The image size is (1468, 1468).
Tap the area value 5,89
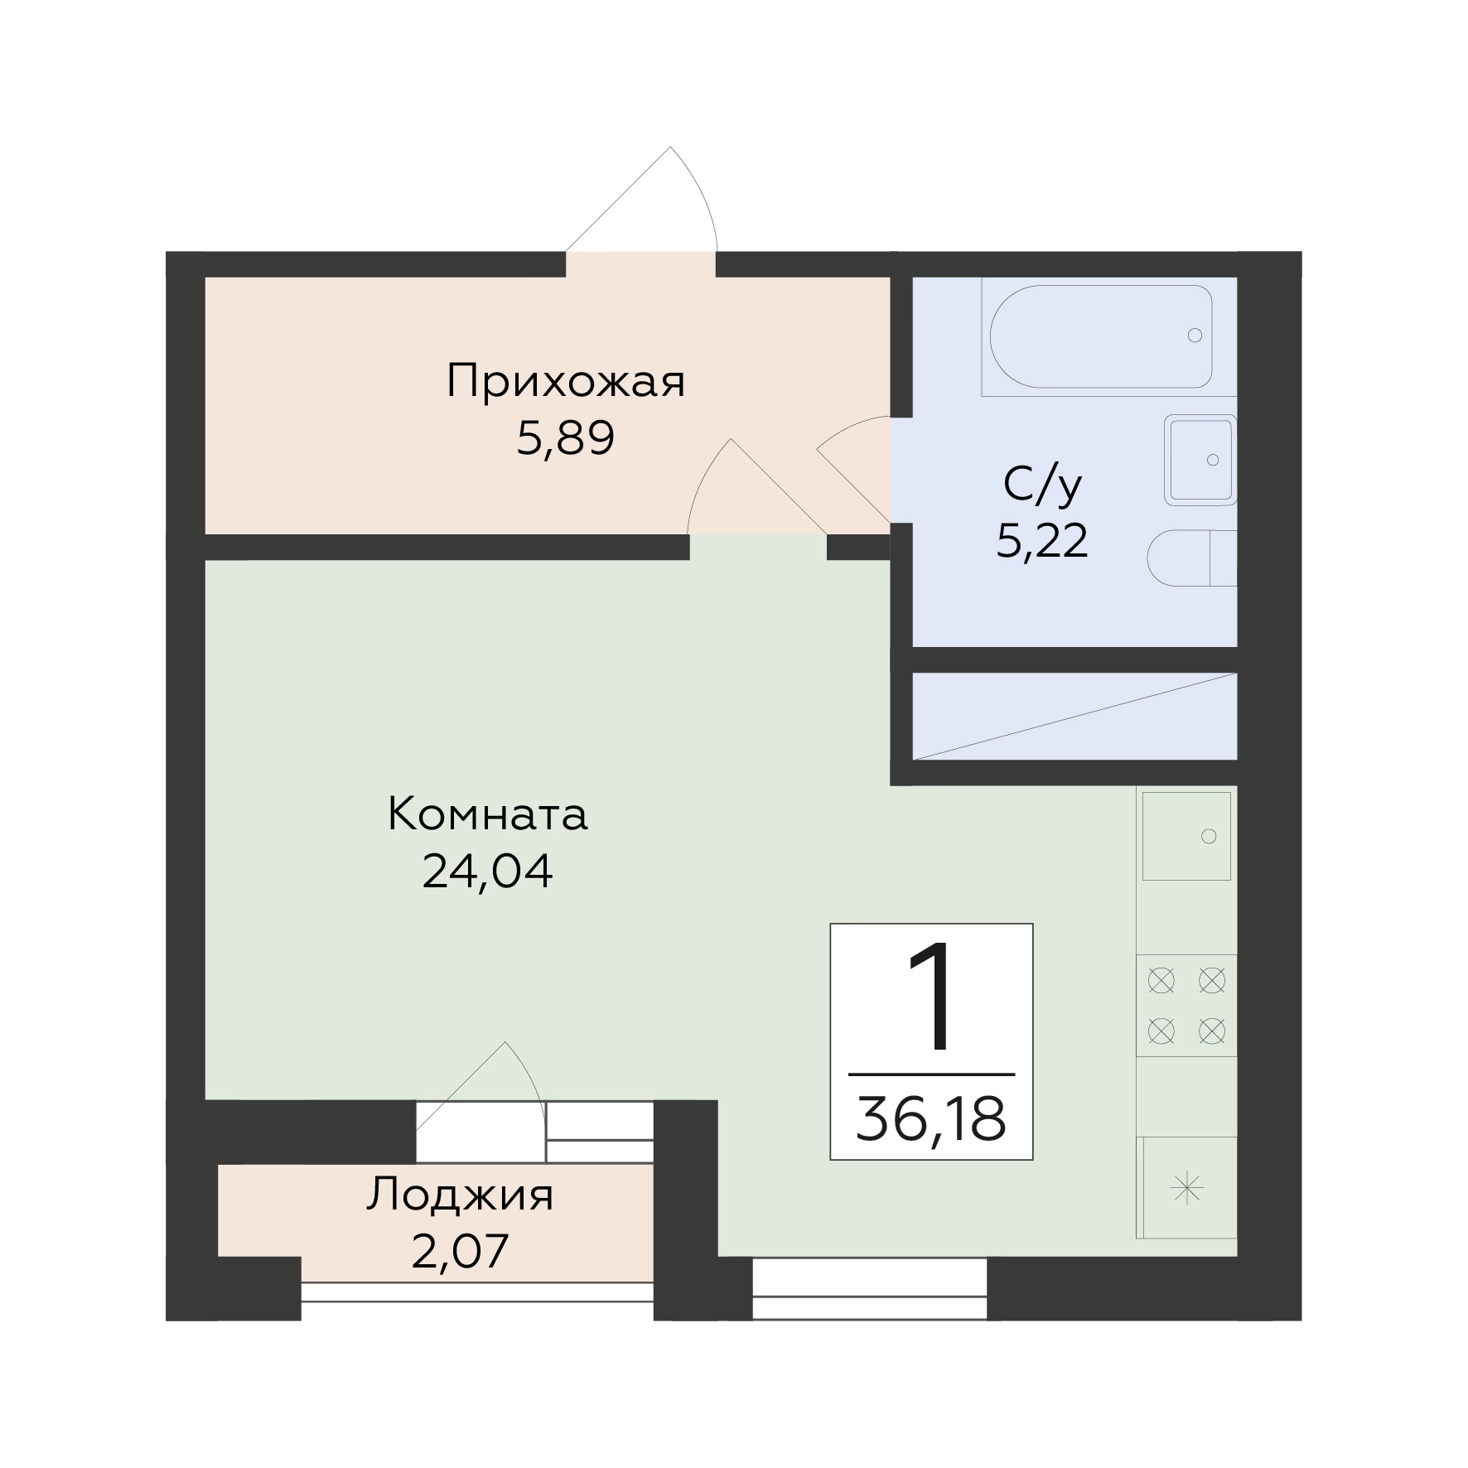coord(566,438)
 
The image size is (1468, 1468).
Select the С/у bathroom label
coord(1042,485)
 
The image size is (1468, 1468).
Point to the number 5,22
coord(1042,541)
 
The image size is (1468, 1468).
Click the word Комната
coord(488,814)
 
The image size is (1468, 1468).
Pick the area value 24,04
coord(488,871)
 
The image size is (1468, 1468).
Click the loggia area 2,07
coord(460,1252)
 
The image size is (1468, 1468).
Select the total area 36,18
coord(931,1118)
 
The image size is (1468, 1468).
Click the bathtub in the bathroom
coord(1101,336)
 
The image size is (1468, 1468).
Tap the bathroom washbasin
coord(1200,460)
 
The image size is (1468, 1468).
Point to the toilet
coord(1192,558)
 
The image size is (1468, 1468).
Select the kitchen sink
coord(1186,835)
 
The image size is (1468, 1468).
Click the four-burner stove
coord(1186,1006)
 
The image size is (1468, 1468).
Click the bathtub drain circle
coord(1195,336)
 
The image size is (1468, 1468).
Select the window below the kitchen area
coord(870,1289)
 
